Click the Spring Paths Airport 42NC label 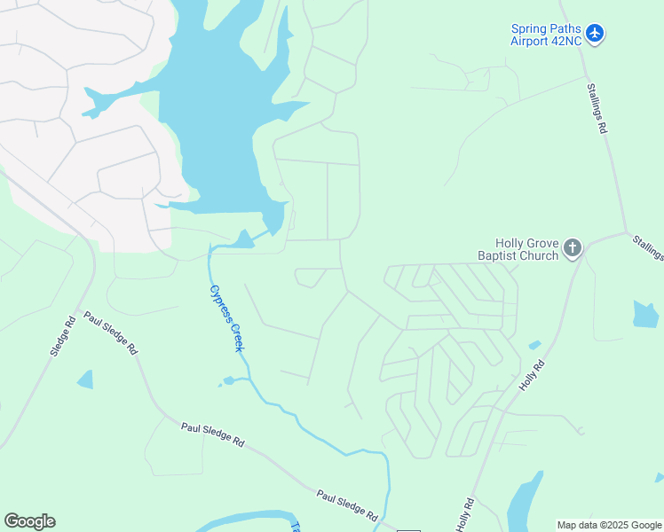tap(546, 35)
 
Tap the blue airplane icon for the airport tap(595, 35)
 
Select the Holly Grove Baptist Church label tap(526, 249)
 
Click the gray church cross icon tap(573, 248)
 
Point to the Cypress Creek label tap(225, 317)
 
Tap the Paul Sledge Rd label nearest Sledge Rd tap(111, 332)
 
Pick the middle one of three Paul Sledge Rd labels tap(212, 434)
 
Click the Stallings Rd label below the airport tap(597, 108)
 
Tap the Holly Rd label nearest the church tap(532, 376)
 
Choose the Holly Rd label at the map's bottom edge tap(465, 515)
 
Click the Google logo tap(29, 521)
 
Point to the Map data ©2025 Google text tap(609, 525)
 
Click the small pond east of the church tap(645, 315)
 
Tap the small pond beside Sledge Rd tap(85, 379)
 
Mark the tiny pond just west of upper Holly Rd tap(534, 345)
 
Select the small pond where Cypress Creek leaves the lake tap(241, 239)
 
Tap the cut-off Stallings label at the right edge tap(649, 247)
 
